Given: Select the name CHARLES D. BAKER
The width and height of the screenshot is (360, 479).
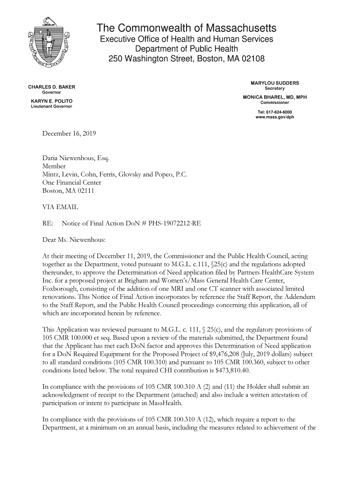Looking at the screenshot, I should (52, 87).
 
